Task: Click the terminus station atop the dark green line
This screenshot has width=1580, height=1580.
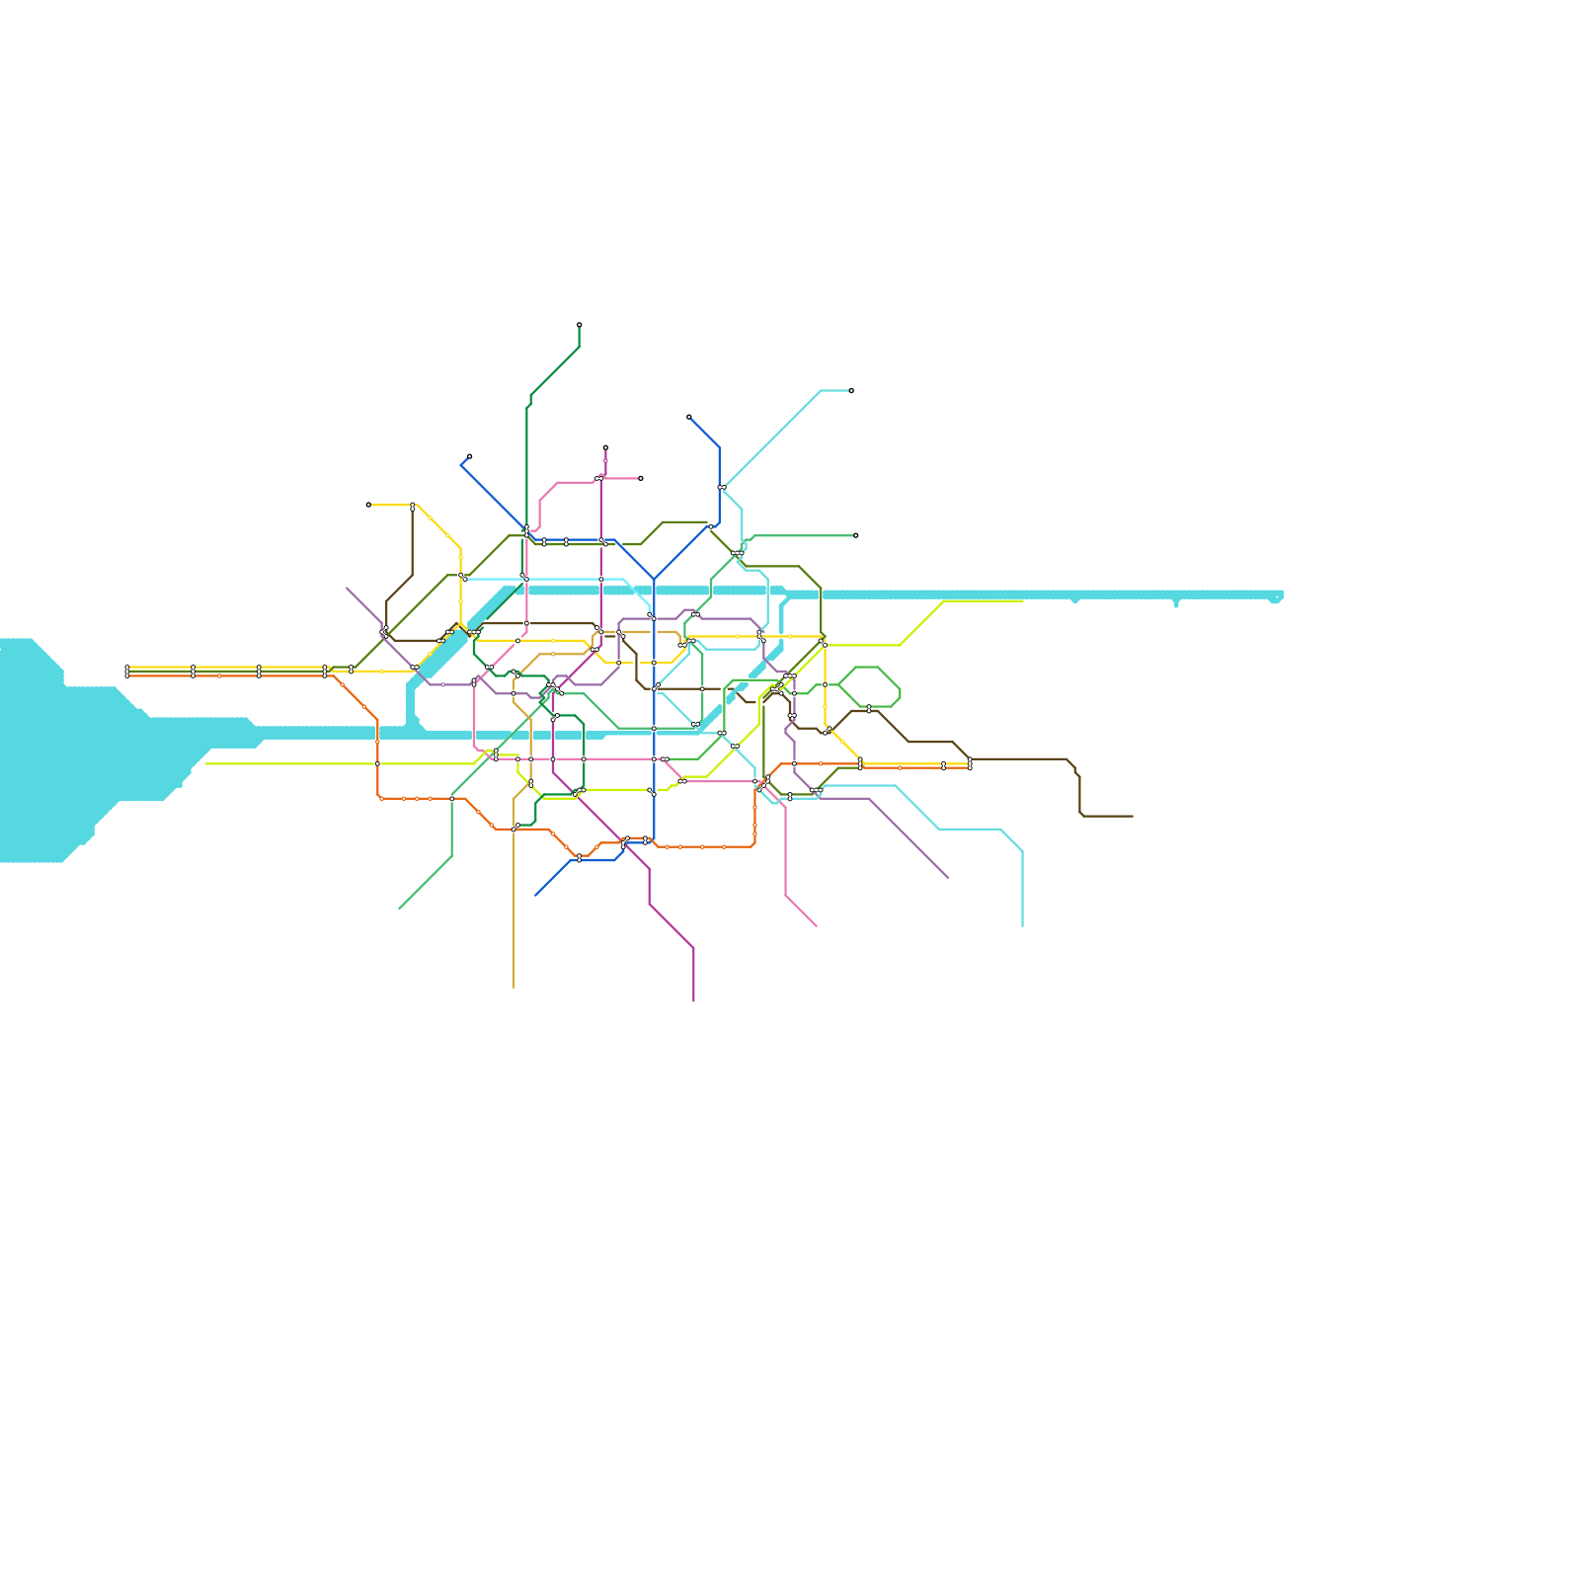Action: pos(580,325)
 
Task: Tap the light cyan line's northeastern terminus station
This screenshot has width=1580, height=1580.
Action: pos(851,391)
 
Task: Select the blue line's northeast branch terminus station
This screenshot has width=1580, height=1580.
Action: pos(689,417)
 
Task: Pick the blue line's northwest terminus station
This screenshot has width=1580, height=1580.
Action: pos(469,456)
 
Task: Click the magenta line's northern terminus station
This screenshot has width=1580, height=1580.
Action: pos(605,447)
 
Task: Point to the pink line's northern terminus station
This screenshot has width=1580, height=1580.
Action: pos(641,478)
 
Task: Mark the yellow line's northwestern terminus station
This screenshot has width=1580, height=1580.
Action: pos(368,505)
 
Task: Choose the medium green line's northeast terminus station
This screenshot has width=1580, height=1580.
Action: pos(856,535)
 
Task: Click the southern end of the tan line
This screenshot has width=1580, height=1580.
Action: pos(513,987)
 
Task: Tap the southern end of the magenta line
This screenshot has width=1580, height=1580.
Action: pos(694,1000)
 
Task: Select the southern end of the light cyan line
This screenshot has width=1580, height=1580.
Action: pos(1022,926)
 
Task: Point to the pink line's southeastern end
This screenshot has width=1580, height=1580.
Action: pos(817,926)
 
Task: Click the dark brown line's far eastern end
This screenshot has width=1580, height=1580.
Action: pos(1133,817)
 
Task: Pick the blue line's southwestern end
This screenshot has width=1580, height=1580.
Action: pos(535,896)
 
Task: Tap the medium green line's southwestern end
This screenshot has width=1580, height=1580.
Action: pos(399,908)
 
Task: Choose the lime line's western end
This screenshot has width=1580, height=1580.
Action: pos(205,763)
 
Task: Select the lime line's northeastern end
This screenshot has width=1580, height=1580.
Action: pos(1023,601)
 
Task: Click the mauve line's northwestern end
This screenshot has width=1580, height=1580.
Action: pos(347,588)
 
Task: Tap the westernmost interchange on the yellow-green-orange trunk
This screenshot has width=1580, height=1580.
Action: pos(127,671)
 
